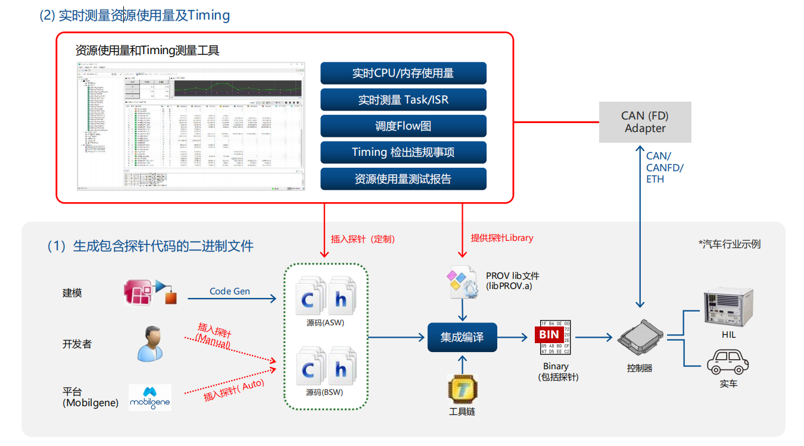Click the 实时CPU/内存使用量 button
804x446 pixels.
tap(403, 73)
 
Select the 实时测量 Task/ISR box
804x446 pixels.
tap(403, 100)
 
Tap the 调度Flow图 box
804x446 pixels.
tap(403, 126)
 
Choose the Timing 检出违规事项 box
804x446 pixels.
tap(403, 152)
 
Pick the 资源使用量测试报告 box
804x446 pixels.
tap(403, 178)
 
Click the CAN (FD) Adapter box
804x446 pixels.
tap(645, 122)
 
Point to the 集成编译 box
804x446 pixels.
tap(462, 337)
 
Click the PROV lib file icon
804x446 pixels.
tap(461, 283)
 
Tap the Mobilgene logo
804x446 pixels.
tap(150, 397)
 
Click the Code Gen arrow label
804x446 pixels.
tap(230, 291)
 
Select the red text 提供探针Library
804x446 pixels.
tap(502, 238)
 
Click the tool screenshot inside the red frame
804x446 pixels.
tap(191, 125)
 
